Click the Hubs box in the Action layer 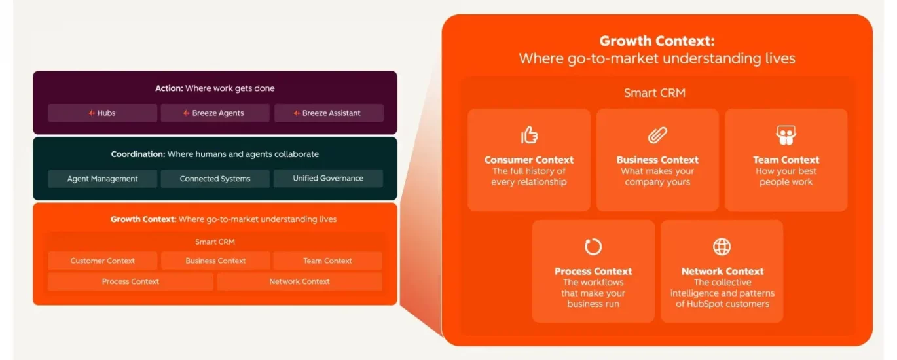[x=103, y=113]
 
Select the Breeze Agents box [x=215, y=113]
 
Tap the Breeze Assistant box [x=329, y=113]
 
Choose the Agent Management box [x=103, y=179]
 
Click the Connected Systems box [x=215, y=179]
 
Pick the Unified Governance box [x=328, y=178]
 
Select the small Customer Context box [x=103, y=261]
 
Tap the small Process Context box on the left [x=130, y=281]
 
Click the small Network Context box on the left [x=299, y=281]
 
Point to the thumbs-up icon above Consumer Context [x=529, y=135]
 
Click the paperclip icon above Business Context [x=657, y=135]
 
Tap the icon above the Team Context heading [x=786, y=135]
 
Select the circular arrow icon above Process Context [x=593, y=246]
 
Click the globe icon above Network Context [x=722, y=247]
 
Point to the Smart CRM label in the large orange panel [x=655, y=93]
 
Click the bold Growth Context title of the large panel [x=657, y=41]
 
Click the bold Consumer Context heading [x=528, y=160]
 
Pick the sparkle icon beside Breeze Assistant [x=297, y=113]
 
